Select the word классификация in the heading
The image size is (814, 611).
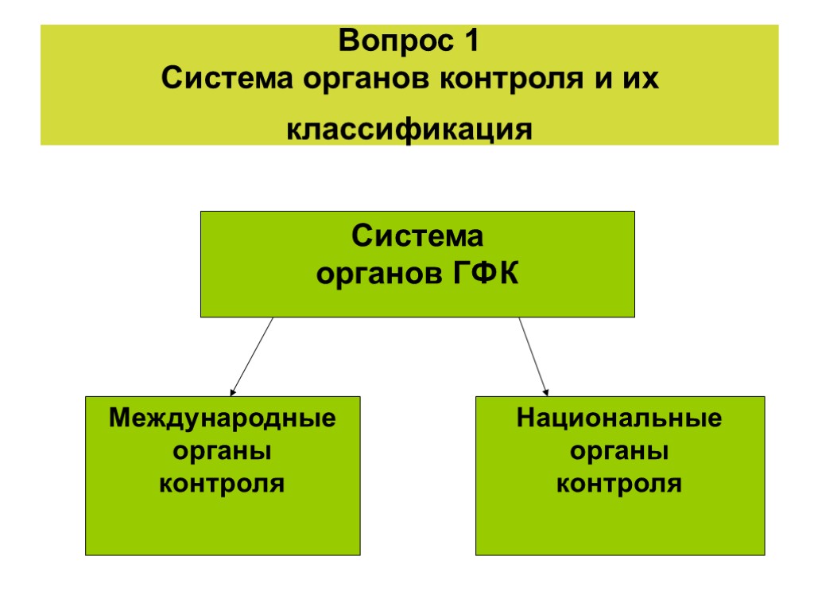pyautogui.click(x=409, y=130)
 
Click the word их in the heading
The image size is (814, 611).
pyautogui.click(x=641, y=80)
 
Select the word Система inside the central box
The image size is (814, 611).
pyautogui.click(x=418, y=237)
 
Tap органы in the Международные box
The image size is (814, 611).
pyautogui.click(x=223, y=451)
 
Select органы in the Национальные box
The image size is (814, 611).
pyautogui.click(x=619, y=451)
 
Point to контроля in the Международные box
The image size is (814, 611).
pyautogui.click(x=223, y=483)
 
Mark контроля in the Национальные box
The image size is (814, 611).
pyautogui.click(x=619, y=483)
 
